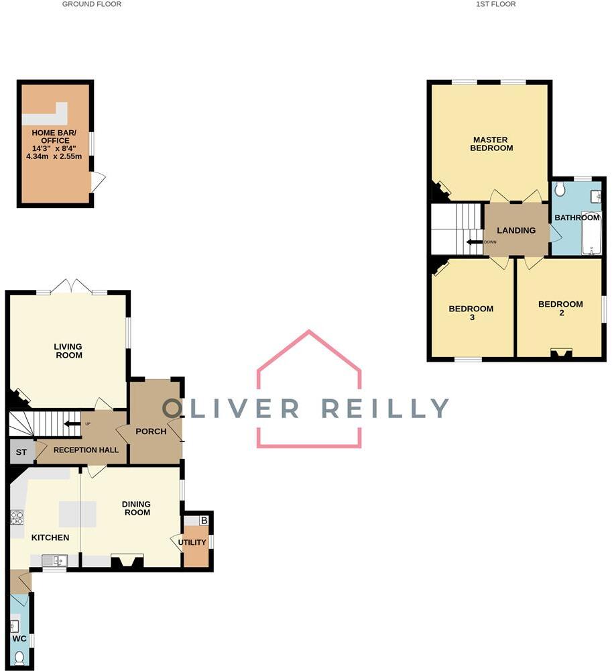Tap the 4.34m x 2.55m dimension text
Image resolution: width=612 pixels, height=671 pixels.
click(x=54, y=157)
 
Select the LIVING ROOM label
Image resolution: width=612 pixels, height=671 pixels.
click(x=68, y=351)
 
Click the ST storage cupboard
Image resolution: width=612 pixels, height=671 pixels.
click(x=21, y=452)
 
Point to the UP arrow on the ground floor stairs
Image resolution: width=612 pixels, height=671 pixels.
click(x=70, y=423)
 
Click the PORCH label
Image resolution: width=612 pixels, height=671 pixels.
click(x=151, y=431)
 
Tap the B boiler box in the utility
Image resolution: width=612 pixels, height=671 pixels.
click(x=204, y=521)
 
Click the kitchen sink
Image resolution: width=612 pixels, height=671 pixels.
click(x=54, y=560)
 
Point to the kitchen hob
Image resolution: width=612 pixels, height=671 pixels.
click(x=17, y=518)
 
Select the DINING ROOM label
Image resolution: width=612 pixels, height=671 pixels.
click(x=135, y=508)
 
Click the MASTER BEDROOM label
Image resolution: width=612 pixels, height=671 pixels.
click(x=491, y=144)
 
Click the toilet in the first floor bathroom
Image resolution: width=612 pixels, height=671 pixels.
click(x=560, y=191)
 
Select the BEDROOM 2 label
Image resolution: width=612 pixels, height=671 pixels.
click(x=560, y=309)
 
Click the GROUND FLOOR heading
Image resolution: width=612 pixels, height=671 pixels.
click(x=92, y=4)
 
